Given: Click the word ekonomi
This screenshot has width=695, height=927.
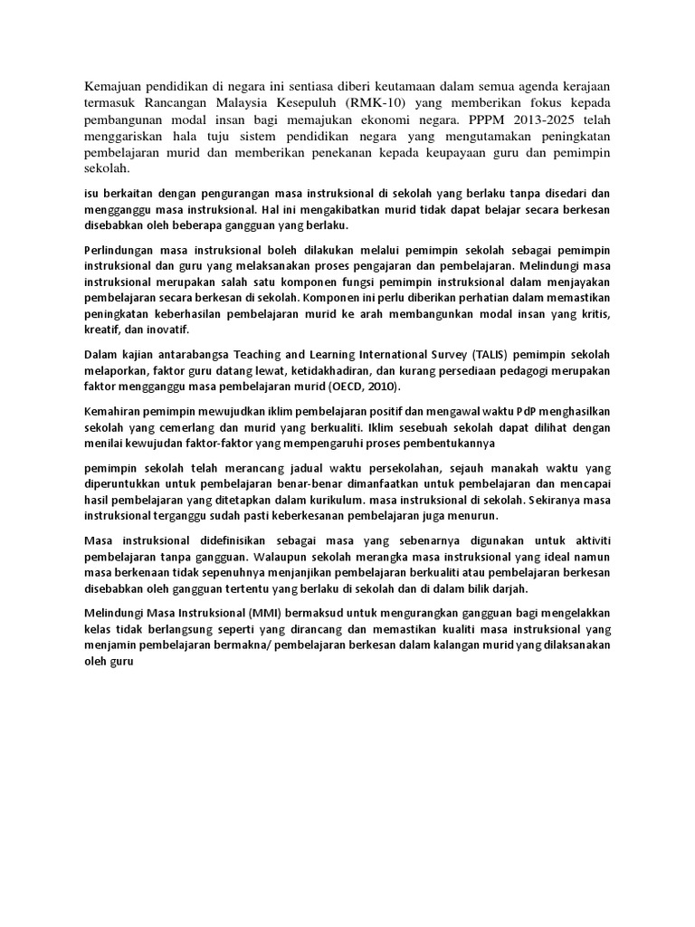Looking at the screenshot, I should tap(386, 119).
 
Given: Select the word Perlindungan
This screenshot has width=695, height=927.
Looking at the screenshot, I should tap(121, 251).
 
